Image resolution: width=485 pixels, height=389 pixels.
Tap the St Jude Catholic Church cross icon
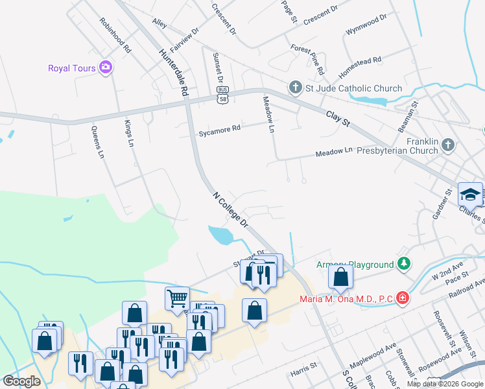296,88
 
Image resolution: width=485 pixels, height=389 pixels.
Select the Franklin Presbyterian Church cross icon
449,146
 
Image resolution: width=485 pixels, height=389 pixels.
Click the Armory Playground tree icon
404,264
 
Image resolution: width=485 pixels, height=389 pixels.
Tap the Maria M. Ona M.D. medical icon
403,298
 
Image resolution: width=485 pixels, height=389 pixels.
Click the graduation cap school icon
470,194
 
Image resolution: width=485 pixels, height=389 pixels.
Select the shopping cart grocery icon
176,298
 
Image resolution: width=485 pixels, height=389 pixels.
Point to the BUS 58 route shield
223,94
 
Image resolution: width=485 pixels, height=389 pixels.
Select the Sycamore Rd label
219,128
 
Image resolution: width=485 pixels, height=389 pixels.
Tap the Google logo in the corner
22,381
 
